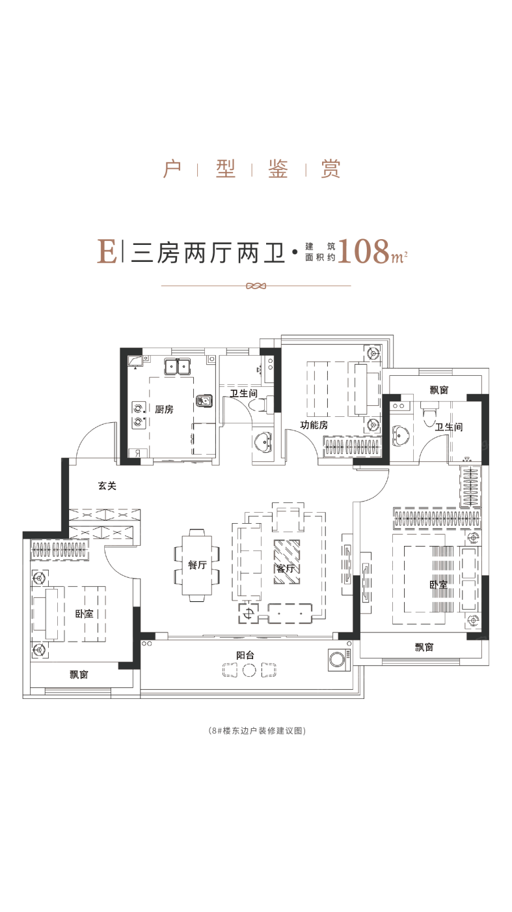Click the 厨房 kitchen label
165,409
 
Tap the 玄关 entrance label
107,486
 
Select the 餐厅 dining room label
197,565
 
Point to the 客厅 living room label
286,568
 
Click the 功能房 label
314,425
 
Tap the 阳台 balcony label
245,655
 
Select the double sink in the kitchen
178,366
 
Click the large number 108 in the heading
364,251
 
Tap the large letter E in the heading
107,251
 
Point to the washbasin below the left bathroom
263,442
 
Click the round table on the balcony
249,670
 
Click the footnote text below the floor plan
256,730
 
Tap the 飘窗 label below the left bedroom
79,675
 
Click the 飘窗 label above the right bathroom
439,390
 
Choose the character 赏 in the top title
330,169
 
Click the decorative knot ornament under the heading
256,286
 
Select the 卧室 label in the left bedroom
84,614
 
